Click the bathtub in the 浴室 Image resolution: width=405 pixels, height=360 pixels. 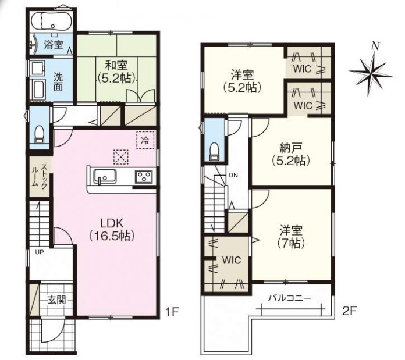(52, 20)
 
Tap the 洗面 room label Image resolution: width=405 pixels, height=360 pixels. (58, 82)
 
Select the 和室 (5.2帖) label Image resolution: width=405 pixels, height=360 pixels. (116, 72)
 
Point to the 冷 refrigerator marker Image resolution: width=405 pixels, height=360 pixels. (145, 140)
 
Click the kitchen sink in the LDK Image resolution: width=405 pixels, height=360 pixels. (105, 176)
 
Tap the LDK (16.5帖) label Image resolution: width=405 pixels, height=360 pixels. (112, 229)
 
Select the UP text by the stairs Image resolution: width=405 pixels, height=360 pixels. (40, 252)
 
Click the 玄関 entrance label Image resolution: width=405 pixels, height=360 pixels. (56, 300)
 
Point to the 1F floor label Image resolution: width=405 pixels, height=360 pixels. (172, 312)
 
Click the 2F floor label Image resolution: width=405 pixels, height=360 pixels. (350, 312)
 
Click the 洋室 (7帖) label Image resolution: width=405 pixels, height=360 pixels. (291, 236)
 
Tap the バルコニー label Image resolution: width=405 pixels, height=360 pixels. (290, 298)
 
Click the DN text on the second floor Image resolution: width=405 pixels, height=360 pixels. (233, 175)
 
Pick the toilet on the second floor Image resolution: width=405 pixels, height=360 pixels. (214, 151)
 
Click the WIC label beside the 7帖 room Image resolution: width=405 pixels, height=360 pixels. (232, 260)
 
